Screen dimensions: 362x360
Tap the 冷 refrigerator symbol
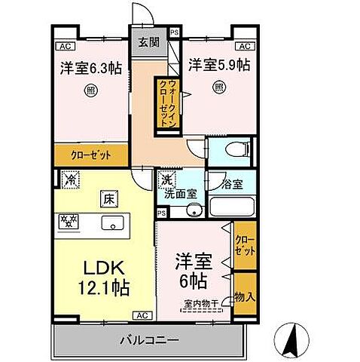[x=70, y=181]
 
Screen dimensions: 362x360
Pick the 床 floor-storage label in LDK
[x=107, y=200]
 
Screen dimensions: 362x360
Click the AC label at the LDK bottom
[x=140, y=314]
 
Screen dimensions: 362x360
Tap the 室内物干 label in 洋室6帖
[x=199, y=305]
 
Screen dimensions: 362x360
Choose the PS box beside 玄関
[x=174, y=32]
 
